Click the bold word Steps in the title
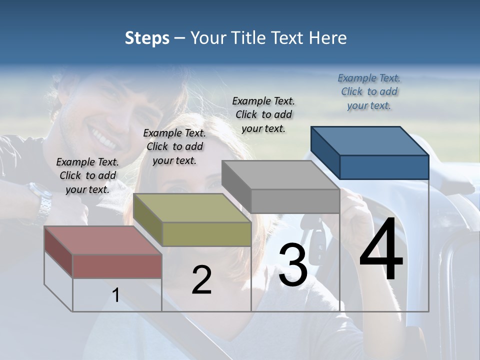(x=147, y=38)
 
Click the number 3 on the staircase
(x=292, y=264)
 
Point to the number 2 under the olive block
(x=201, y=280)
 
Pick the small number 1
(x=115, y=295)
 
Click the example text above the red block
(x=87, y=175)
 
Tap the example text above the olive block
(x=174, y=146)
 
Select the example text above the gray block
(x=263, y=114)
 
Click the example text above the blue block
(x=369, y=91)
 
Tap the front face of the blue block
(x=384, y=167)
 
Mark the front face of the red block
(x=117, y=266)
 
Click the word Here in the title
(x=328, y=38)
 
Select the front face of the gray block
(x=295, y=201)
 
